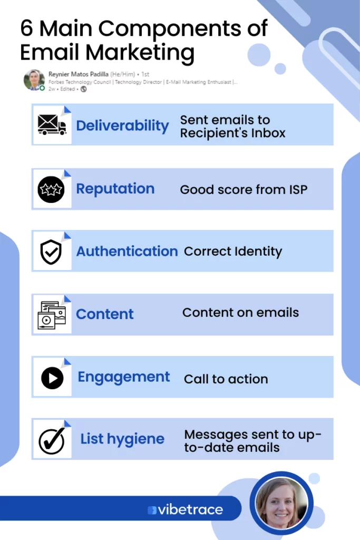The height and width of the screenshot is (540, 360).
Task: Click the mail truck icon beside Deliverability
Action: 52,124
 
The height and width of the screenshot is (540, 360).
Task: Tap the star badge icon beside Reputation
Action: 51,189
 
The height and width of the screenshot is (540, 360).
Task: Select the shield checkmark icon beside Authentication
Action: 51,252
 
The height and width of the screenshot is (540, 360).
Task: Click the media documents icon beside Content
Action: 52,315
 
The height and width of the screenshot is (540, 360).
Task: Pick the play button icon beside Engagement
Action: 52,378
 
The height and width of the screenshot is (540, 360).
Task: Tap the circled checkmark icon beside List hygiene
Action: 52,440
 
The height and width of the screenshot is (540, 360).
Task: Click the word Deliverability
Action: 122,126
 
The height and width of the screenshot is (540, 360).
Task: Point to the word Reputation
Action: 115,189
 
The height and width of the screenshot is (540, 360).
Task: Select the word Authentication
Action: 127,252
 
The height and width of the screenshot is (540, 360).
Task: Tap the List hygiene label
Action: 122,439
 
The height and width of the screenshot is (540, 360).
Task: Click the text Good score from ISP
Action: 244,189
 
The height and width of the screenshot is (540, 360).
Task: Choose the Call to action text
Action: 226,379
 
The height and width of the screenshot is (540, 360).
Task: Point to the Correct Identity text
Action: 233,252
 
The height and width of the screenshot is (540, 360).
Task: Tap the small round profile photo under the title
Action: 34,80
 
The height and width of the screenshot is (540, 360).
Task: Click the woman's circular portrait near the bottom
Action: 281,503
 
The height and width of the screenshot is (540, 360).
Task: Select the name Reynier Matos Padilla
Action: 79,74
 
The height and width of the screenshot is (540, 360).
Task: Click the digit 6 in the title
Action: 26,28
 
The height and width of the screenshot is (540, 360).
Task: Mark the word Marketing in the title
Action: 140,53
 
